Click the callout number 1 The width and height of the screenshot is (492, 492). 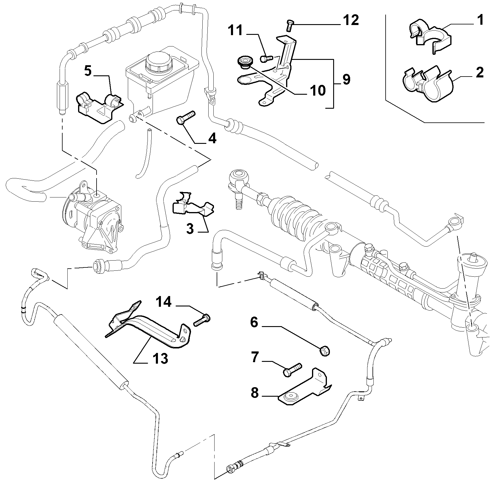click(x=479, y=21)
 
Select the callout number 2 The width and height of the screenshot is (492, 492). click(x=479, y=73)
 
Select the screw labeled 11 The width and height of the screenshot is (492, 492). click(x=267, y=58)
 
